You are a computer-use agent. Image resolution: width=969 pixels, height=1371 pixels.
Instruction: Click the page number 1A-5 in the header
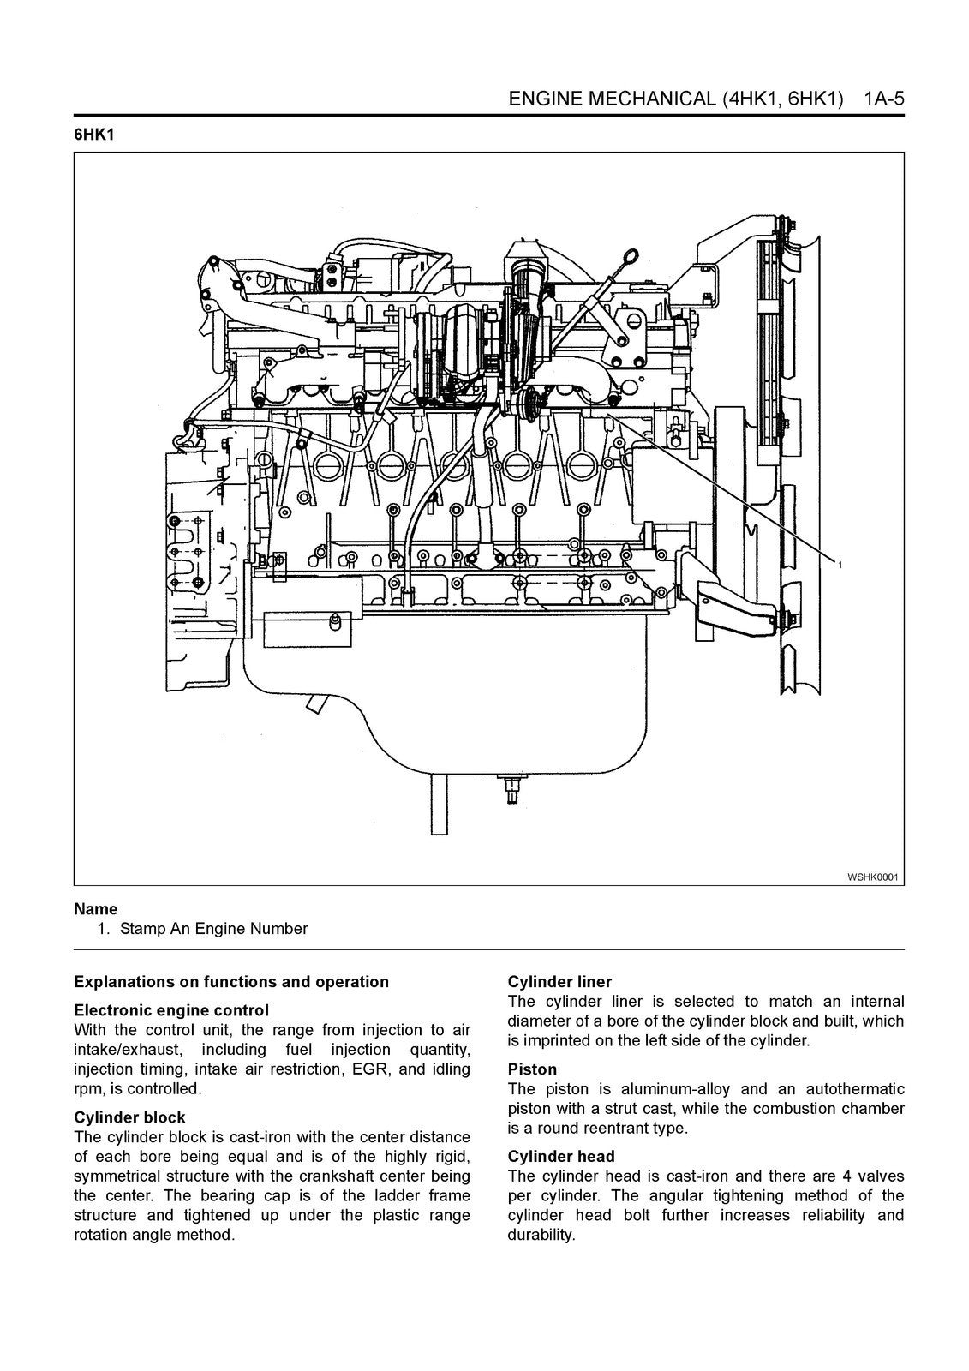tap(883, 99)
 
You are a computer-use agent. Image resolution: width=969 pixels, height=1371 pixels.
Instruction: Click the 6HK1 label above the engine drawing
tap(94, 135)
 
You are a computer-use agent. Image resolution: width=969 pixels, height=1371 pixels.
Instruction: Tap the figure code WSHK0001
tap(872, 877)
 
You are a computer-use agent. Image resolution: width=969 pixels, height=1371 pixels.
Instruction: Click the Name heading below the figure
tap(96, 909)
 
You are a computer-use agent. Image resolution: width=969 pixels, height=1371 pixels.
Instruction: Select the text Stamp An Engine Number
tap(213, 929)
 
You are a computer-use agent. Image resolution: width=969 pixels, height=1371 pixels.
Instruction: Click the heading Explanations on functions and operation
tap(231, 982)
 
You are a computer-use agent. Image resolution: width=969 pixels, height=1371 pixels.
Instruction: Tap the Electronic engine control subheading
tap(171, 1010)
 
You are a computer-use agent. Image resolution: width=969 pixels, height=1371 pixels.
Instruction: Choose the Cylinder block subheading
tap(129, 1117)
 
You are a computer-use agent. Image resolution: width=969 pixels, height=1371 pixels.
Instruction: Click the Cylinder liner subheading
tap(559, 982)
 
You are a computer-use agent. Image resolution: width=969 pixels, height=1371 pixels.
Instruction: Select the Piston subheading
tap(532, 1069)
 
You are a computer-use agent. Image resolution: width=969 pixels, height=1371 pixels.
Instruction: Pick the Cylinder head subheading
tap(561, 1157)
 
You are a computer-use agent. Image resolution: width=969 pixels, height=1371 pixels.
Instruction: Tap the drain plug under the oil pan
tap(511, 786)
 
